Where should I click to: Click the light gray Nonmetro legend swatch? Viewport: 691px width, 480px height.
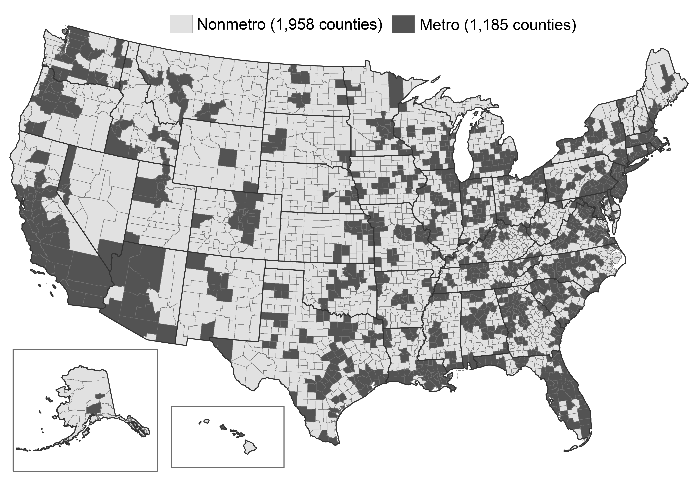coord(181,24)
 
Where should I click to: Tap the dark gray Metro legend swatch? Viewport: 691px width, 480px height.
coord(403,24)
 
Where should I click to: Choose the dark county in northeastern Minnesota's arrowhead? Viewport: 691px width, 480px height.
coord(396,90)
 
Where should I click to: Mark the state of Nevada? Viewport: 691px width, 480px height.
coord(99,196)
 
